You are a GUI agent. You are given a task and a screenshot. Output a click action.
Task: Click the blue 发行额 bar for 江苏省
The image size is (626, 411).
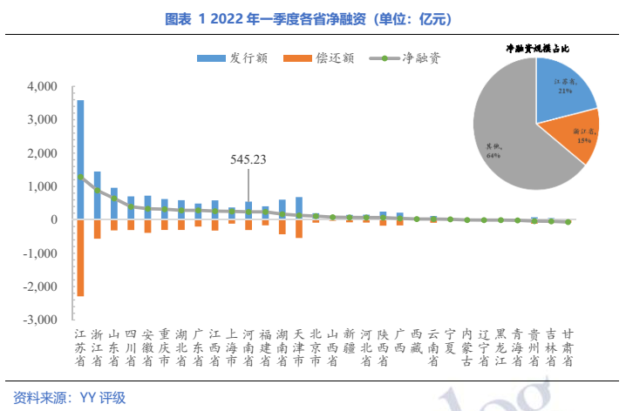point(80,139)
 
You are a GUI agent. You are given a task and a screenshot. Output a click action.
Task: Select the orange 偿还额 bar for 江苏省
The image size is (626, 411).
point(80,258)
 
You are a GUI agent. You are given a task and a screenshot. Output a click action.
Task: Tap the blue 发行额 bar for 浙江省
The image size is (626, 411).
point(97,195)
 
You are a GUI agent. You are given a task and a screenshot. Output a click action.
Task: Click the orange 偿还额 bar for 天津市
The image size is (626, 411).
point(299,228)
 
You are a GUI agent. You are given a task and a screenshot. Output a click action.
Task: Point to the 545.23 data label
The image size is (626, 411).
point(248,159)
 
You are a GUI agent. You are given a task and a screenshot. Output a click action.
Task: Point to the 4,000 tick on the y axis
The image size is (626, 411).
point(41,87)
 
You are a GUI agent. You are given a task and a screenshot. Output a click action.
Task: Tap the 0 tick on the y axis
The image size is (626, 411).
point(52,220)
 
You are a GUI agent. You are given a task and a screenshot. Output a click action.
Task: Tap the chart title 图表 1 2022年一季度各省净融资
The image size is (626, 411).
point(313,17)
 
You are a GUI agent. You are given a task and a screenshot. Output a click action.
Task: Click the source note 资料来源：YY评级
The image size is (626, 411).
point(65,397)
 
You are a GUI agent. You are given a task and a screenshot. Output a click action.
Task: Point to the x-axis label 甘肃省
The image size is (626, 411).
point(568,347)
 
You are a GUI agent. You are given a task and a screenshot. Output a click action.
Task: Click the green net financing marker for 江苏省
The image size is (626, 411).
point(80,177)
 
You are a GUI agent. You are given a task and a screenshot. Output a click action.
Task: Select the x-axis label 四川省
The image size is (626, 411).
point(131,347)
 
